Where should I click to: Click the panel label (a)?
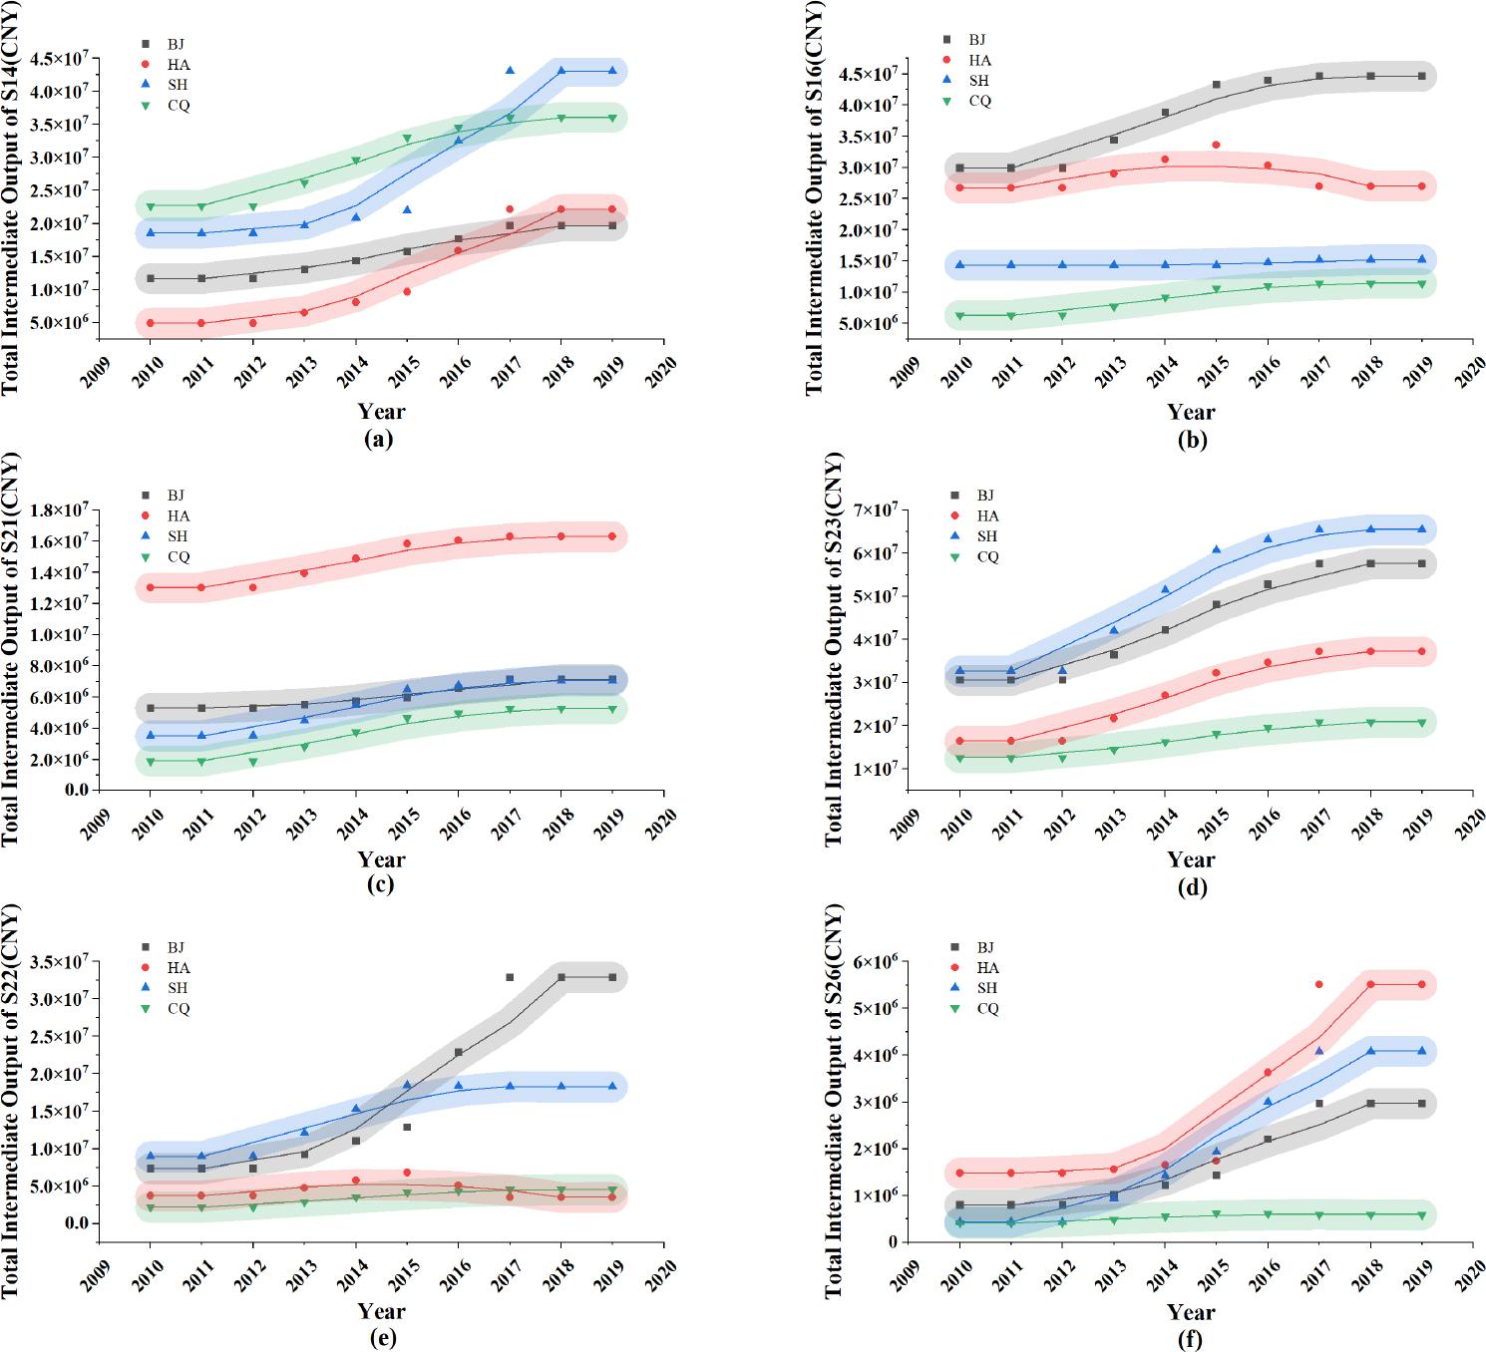tap(380, 439)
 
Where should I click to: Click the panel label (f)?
tap(1191, 1339)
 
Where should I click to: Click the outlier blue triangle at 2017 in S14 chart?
tap(510, 71)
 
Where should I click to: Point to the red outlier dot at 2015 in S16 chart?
tap(1216, 146)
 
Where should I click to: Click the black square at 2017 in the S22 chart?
tap(510, 977)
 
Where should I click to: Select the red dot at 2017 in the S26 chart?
tap(1318, 984)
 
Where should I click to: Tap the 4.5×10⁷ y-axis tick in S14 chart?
tap(59, 59)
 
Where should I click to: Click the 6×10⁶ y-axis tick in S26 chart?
tap(876, 962)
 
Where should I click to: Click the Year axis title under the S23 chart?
tap(1191, 859)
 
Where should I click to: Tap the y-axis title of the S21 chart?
tap(11, 648)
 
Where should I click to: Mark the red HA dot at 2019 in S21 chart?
tap(611, 536)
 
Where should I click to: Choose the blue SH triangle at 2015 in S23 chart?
tap(1216, 549)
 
